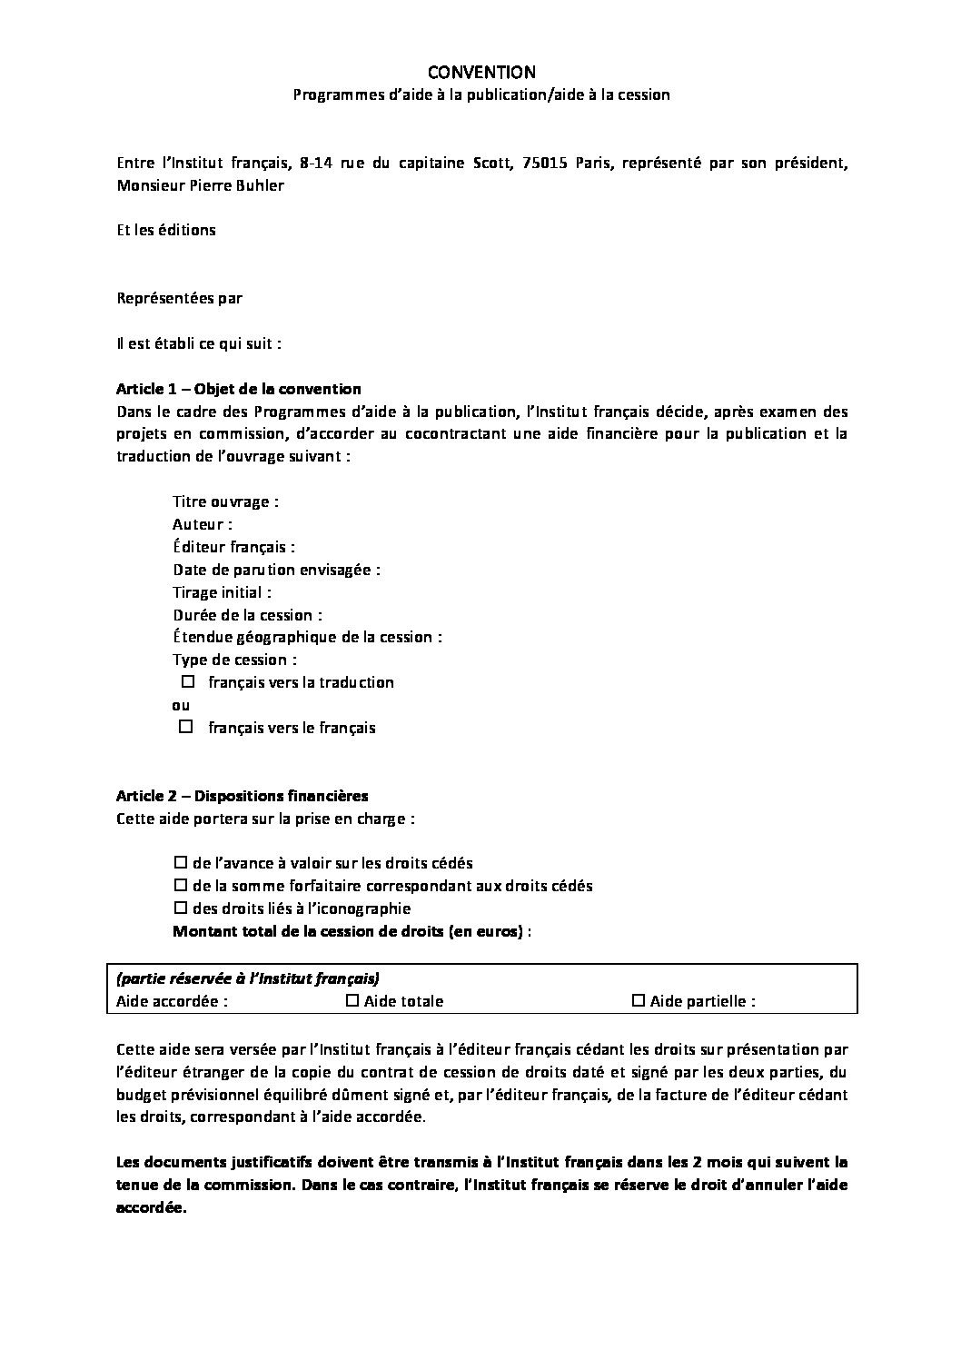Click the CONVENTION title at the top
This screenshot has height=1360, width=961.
point(481,72)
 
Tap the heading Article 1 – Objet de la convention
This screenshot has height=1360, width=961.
point(238,389)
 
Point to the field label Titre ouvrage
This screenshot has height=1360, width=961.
point(224,501)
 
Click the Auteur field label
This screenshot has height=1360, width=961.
point(202,524)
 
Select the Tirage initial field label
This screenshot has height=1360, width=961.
point(222,592)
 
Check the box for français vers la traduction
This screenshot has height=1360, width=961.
point(189,681)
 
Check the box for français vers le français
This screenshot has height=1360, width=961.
point(186,727)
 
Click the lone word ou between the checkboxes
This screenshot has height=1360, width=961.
point(181,705)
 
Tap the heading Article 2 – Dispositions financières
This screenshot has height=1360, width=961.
point(242,796)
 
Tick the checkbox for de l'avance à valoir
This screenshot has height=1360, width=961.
point(180,863)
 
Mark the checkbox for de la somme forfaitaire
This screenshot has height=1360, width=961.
point(180,886)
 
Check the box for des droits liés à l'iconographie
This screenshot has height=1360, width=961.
point(180,908)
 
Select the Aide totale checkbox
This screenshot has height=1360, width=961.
point(353,1001)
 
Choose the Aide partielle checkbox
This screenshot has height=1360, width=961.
point(639,1001)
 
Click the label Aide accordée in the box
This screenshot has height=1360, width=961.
point(172,1001)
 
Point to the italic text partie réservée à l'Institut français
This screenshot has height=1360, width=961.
point(248,978)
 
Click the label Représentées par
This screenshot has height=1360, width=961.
point(180,298)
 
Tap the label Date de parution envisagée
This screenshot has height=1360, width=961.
point(276,570)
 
